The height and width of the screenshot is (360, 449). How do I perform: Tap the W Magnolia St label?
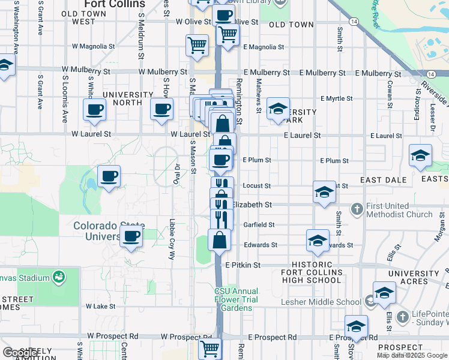tap(93, 46)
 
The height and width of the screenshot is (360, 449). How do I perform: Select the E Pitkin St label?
tap(243, 265)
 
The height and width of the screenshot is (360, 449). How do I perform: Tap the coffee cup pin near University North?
tap(161, 109)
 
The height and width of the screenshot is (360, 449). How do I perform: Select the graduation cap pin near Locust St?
tap(324, 192)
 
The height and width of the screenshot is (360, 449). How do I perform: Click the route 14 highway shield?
tap(354, 21)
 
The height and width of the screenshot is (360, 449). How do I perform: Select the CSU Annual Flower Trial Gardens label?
tap(237, 299)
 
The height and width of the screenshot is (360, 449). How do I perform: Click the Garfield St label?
tap(259, 224)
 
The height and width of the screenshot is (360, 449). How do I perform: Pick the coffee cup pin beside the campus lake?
tap(109, 176)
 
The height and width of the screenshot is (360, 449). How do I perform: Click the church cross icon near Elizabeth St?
tap(357, 209)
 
